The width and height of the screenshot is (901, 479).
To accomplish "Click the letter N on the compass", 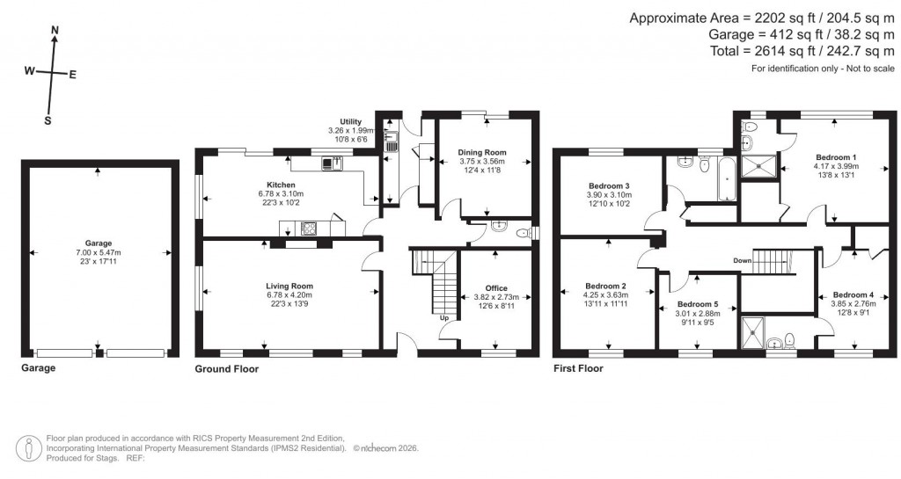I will [55, 31].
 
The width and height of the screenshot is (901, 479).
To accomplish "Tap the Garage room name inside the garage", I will [99, 243].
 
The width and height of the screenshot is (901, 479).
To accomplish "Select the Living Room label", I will [289, 286].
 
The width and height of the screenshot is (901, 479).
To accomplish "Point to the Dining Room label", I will [482, 152].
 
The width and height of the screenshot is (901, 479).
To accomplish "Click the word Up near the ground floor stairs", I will [443, 317].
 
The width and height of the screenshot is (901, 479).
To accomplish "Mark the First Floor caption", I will [578, 369].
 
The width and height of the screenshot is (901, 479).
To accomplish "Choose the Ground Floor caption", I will [226, 369].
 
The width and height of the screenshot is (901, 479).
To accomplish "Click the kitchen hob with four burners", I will [310, 229].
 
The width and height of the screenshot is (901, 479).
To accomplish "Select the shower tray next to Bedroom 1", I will [759, 164].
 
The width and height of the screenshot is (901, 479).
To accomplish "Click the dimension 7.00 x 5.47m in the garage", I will [99, 252].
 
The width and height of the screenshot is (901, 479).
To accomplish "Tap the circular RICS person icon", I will [32, 447].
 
